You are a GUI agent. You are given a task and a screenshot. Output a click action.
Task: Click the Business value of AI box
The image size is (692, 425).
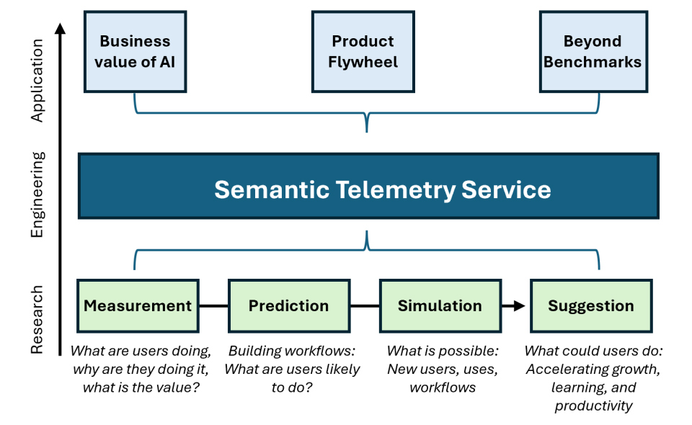point(136,52)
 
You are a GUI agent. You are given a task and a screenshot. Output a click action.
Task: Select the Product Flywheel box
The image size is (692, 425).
point(363,52)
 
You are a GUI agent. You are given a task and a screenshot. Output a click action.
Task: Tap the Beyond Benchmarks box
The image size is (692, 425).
point(592,52)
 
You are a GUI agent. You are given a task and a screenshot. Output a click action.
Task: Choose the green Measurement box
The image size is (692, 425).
point(138,305)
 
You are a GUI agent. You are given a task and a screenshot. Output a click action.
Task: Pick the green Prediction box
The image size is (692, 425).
point(288,305)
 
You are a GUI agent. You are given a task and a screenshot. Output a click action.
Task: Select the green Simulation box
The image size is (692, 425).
point(440,305)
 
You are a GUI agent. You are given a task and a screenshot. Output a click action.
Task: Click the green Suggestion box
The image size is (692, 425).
point(590,305)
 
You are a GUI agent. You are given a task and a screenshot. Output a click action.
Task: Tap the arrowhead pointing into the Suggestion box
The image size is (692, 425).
point(519,306)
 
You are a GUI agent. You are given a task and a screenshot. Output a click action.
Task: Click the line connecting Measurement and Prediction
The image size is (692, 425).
point(213,306)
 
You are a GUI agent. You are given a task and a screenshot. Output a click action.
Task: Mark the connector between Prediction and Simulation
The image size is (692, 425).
point(365,306)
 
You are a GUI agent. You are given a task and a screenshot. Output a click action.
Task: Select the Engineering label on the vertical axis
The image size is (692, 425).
point(37,194)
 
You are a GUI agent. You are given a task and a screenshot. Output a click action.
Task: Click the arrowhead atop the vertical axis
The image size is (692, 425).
point(61,28)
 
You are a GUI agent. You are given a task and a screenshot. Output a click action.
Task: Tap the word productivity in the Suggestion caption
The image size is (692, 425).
point(594,406)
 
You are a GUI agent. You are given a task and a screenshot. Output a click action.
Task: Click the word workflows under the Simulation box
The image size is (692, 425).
point(443,388)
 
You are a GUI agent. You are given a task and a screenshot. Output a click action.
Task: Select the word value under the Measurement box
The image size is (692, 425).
point(177,388)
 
